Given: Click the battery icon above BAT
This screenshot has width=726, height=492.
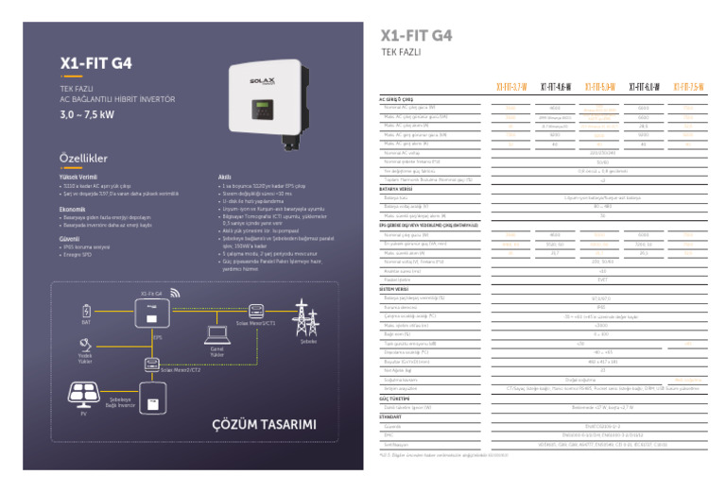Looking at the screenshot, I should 87,309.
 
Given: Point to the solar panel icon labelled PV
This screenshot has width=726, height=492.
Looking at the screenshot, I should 83,394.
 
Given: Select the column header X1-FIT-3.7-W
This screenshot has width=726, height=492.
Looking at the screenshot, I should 512,88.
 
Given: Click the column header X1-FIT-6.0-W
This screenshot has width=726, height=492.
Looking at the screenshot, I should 644,88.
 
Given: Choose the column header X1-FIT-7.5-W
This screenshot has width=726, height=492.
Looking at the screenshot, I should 687,88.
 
